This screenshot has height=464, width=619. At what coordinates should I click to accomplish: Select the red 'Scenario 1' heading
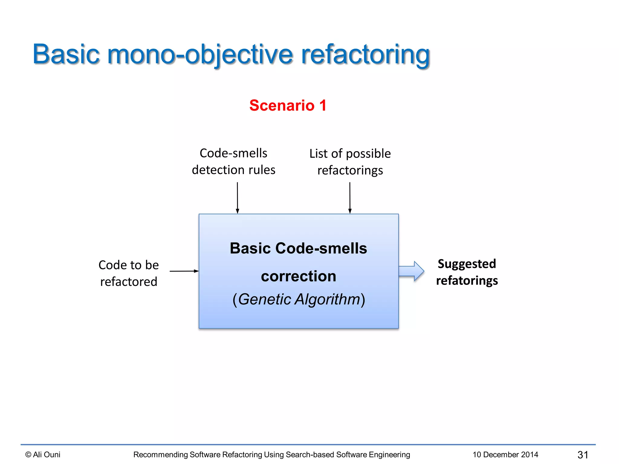288,105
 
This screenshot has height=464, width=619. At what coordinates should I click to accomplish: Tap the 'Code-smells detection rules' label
234,162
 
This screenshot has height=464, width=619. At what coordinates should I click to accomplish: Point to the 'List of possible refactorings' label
350,162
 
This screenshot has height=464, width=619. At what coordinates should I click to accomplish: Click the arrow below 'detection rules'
237,198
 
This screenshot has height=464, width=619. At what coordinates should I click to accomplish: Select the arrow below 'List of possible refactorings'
350,198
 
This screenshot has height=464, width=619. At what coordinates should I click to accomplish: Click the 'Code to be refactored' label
129,273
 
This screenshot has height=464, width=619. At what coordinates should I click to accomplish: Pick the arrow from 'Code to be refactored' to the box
184,271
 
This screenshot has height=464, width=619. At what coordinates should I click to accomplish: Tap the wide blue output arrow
411,271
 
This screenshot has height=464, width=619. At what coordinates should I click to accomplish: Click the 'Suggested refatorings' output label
467,272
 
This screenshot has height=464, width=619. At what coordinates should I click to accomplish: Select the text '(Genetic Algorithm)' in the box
299,299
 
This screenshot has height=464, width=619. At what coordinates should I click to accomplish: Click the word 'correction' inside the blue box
299,276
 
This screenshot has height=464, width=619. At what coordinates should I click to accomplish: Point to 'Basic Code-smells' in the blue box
299,248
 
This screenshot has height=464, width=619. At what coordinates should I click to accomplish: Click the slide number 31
583,455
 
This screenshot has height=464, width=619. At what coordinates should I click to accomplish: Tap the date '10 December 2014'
505,455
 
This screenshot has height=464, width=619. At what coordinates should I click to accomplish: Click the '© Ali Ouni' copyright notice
43,455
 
